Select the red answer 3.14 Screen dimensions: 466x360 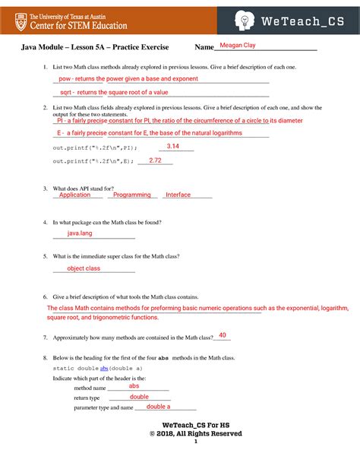172,147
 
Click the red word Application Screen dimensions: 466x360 75,195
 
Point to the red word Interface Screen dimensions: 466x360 178,195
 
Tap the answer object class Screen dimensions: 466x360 84,268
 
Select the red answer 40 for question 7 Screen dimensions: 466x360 223,335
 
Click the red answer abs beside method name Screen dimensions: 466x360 134,385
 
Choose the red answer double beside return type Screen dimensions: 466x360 139,396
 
